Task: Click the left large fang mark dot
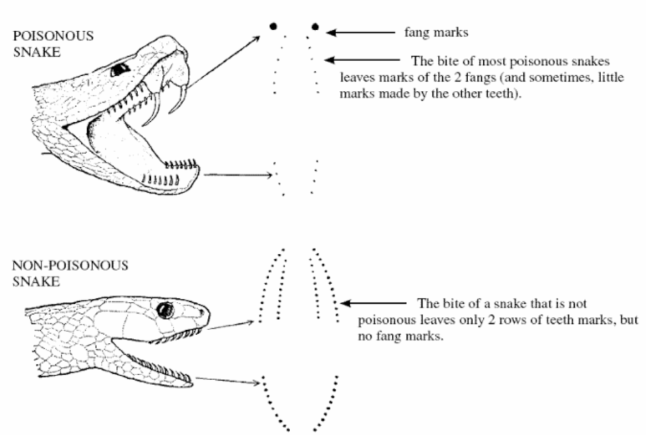(x=273, y=26)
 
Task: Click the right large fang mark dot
(x=315, y=27)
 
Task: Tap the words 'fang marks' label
(x=436, y=32)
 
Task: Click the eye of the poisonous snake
(x=119, y=69)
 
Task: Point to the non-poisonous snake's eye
(x=165, y=309)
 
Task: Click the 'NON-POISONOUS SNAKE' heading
(x=69, y=273)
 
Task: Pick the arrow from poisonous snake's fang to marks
(x=223, y=63)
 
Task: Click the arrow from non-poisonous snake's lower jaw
(x=228, y=380)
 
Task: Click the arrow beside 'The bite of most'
(x=363, y=60)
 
